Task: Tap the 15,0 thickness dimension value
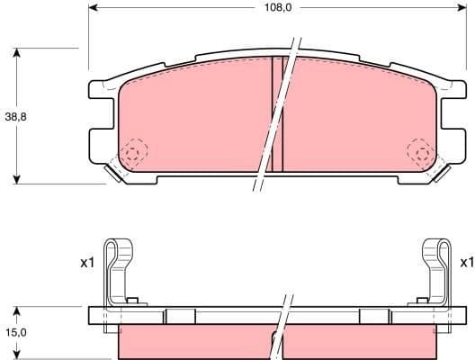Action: click(x=15, y=332)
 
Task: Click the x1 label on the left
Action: click(x=86, y=263)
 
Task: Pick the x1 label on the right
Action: click(x=465, y=263)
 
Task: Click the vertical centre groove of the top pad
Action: click(x=277, y=112)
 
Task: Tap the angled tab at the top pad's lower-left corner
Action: click(x=114, y=171)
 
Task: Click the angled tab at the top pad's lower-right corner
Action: click(x=442, y=171)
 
